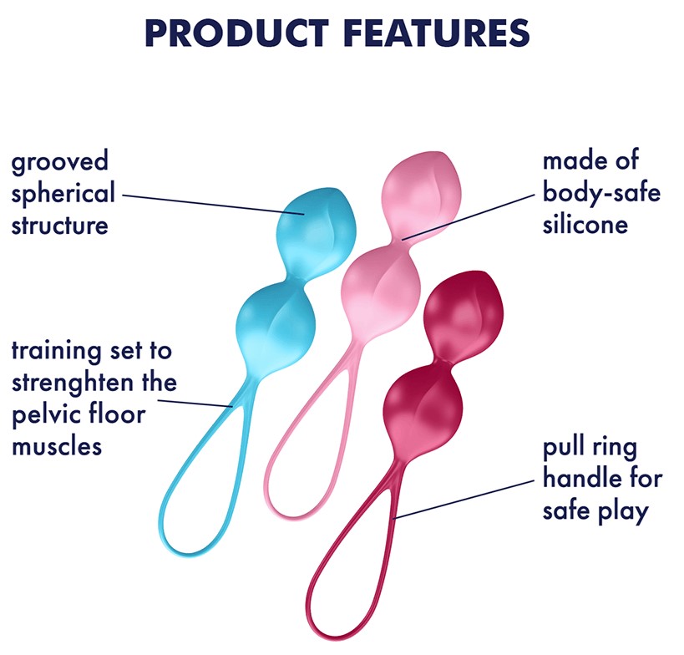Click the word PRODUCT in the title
click(237, 33)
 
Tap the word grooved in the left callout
click(60, 162)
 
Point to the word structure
click(60, 226)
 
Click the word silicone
click(585, 225)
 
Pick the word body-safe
click(601, 192)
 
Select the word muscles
click(57, 447)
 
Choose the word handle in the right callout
click(577, 478)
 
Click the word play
click(623, 511)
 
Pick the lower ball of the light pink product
click(381, 290)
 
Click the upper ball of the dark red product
click(464, 315)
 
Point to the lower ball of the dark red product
click(423, 410)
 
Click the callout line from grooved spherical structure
click(213, 205)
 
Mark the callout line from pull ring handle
click(464, 500)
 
